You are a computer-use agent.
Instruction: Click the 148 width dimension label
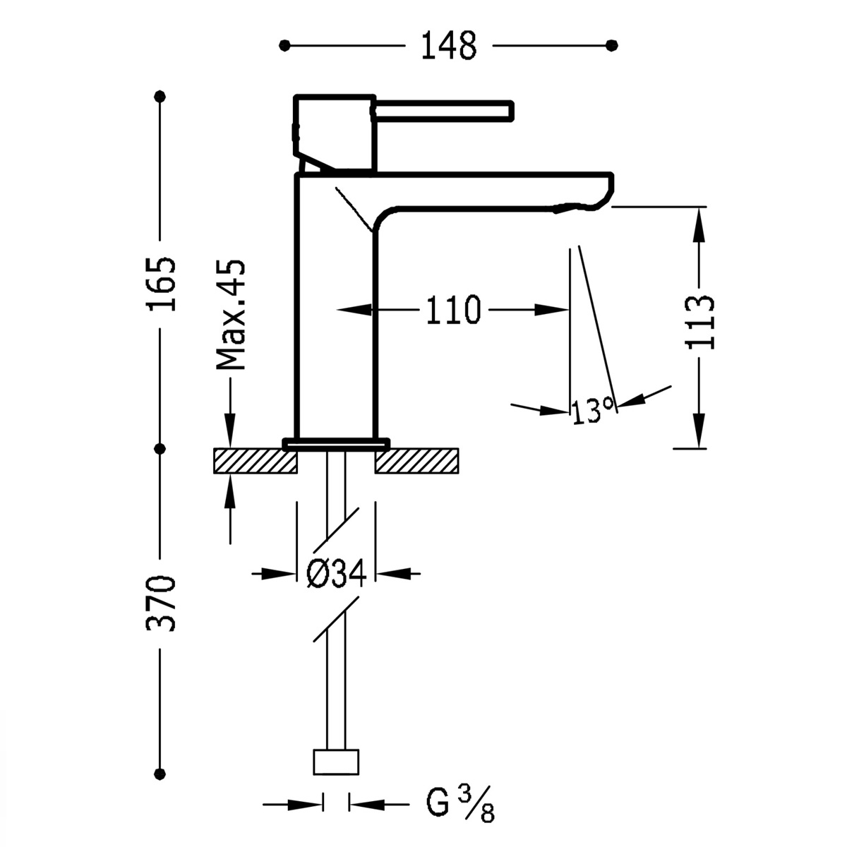click(x=449, y=46)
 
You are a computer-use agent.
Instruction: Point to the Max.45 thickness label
click(x=231, y=315)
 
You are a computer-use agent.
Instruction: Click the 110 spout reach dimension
click(x=452, y=310)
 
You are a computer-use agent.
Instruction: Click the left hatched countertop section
click(x=255, y=461)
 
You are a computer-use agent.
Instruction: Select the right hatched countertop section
click(x=417, y=461)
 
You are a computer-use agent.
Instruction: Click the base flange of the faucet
click(x=336, y=443)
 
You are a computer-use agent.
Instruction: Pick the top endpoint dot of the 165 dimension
click(x=161, y=96)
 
